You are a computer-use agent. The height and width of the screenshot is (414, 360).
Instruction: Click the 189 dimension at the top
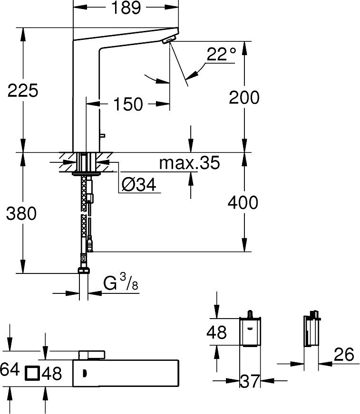coord(126,8)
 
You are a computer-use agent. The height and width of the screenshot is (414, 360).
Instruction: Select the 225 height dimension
coord(23,90)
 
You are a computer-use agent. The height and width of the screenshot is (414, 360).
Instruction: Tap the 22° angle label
coord(221,54)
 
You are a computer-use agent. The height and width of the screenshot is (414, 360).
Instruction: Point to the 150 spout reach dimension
coord(128,104)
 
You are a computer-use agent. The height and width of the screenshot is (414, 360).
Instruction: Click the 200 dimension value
coord(244,97)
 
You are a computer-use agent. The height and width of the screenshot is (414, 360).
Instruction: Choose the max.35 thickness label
coord(189,163)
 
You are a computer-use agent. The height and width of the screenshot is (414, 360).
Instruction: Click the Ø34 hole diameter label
coord(139,184)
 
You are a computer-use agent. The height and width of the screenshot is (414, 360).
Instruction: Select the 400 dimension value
coord(243,203)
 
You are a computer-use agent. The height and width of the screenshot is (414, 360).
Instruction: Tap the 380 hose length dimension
coord(21,213)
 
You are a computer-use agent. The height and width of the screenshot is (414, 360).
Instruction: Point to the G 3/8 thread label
coord(121,282)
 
